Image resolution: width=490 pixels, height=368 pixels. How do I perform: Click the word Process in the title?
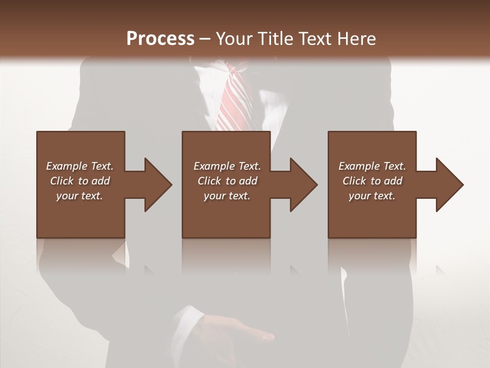click(x=160, y=38)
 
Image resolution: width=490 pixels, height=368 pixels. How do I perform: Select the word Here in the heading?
click(x=355, y=38)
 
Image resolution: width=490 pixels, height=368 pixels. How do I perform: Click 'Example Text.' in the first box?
click(x=80, y=166)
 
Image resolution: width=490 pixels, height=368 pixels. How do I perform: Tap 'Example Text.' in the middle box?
click(x=227, y=166)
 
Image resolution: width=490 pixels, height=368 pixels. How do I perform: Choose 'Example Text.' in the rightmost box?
click(x=372, y=166)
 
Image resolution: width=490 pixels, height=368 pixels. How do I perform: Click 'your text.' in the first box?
click(x=80, y=196)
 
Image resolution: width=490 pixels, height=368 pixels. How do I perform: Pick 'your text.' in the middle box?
click(x=227, y=196)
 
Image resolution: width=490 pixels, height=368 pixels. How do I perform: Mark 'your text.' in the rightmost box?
click(x=372, y=196)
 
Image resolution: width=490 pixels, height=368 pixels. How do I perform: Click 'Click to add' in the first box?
click(x=80, y=181)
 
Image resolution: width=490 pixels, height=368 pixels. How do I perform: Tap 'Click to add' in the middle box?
click(x=227, y=181)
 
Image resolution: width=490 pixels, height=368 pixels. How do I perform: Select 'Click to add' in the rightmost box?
click(x=372, y=181)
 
